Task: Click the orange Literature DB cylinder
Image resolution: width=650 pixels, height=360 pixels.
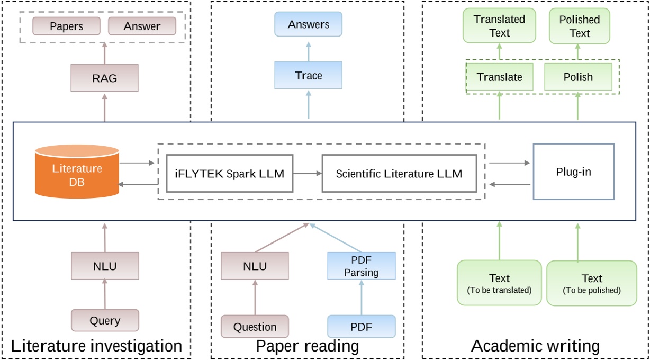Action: click(x=77, y=169)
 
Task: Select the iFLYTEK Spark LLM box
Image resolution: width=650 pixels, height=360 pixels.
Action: click(x=229, y=173)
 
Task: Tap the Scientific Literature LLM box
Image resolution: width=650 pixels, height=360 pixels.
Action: click(x=399, y=173)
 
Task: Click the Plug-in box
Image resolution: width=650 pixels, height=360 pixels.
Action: click(x=573, y=172)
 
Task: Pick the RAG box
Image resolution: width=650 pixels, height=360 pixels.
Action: click(x=104, y=78)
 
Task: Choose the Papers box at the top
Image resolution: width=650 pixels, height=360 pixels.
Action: click(x=66, y=26)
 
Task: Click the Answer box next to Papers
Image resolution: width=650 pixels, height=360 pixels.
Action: click(x=141, y=26)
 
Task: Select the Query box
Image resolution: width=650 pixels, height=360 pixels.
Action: click(x=105, y=320)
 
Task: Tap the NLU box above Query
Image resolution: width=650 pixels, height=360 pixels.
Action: click(x=105, y=266)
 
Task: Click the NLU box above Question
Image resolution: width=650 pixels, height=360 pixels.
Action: click(x=255, y=266)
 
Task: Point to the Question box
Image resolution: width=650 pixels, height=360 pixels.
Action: click(x=255, y=327)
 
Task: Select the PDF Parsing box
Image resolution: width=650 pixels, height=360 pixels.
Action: click(x=361, y=266)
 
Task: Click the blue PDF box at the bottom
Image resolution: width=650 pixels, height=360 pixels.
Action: click(x=361, y=327)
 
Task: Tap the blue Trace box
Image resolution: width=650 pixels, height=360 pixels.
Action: click(x=308, y=75)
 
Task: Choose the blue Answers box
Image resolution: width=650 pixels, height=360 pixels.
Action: click(x=308, y=24)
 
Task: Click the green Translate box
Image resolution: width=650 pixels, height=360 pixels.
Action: click(x=499, y=77)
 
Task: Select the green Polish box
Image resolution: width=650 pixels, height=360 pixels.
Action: click(x=577, y=77)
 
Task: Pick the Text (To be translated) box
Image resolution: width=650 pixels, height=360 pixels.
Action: click(x=499, y=283)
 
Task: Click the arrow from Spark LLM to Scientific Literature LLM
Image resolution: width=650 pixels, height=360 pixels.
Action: click(x=307, y=173)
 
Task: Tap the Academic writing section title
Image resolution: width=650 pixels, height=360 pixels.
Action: click(x=535, y=346)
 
